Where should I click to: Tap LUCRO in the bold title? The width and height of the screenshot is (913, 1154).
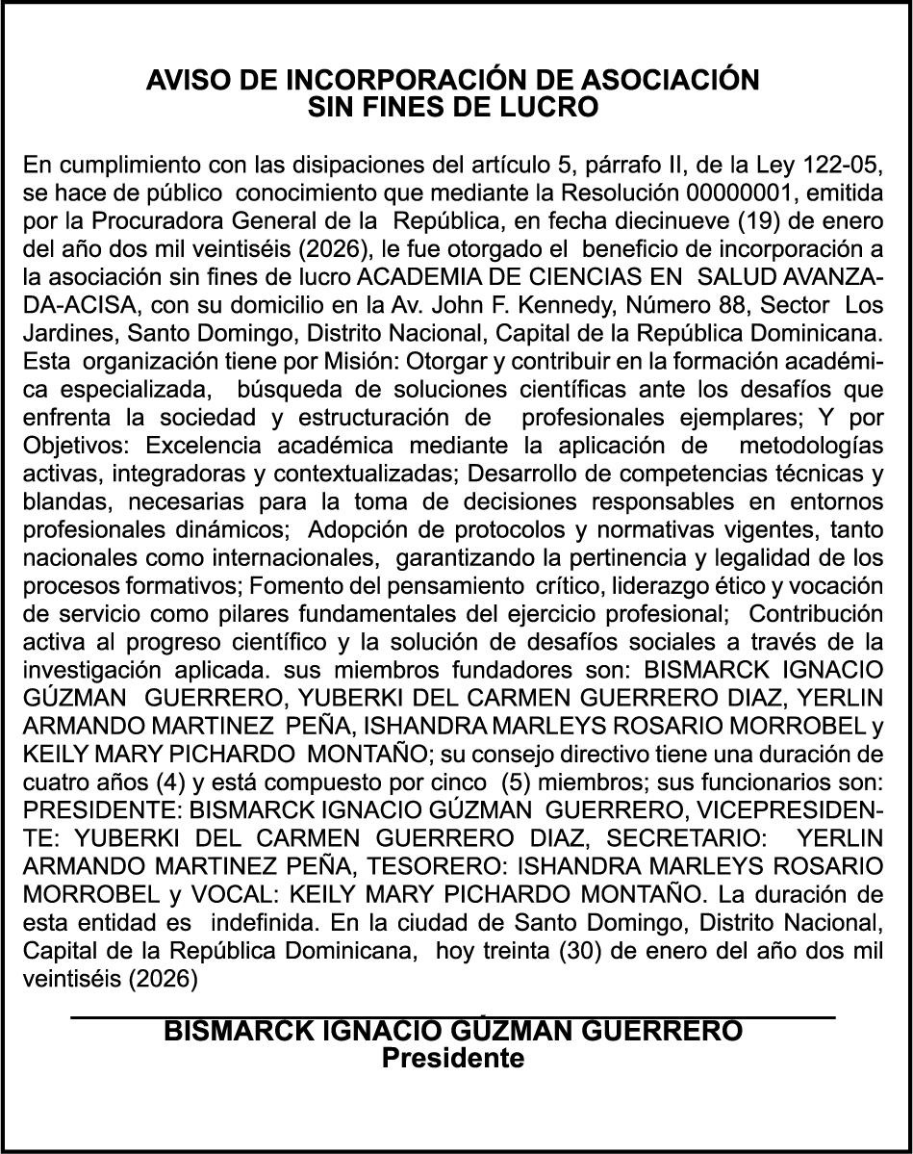pyautogui.click(x=554, y=108)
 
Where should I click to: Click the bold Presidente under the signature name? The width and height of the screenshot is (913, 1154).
pyautogui.click(x=453, y=1060)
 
